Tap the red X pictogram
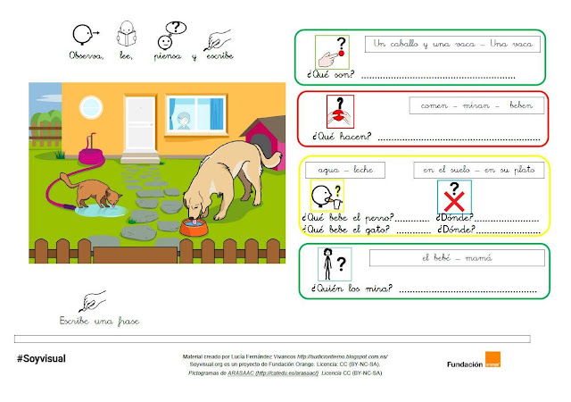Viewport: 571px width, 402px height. point(454,196)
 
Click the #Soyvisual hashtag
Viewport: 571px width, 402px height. point(41,358)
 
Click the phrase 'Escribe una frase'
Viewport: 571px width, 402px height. point(99,320)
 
